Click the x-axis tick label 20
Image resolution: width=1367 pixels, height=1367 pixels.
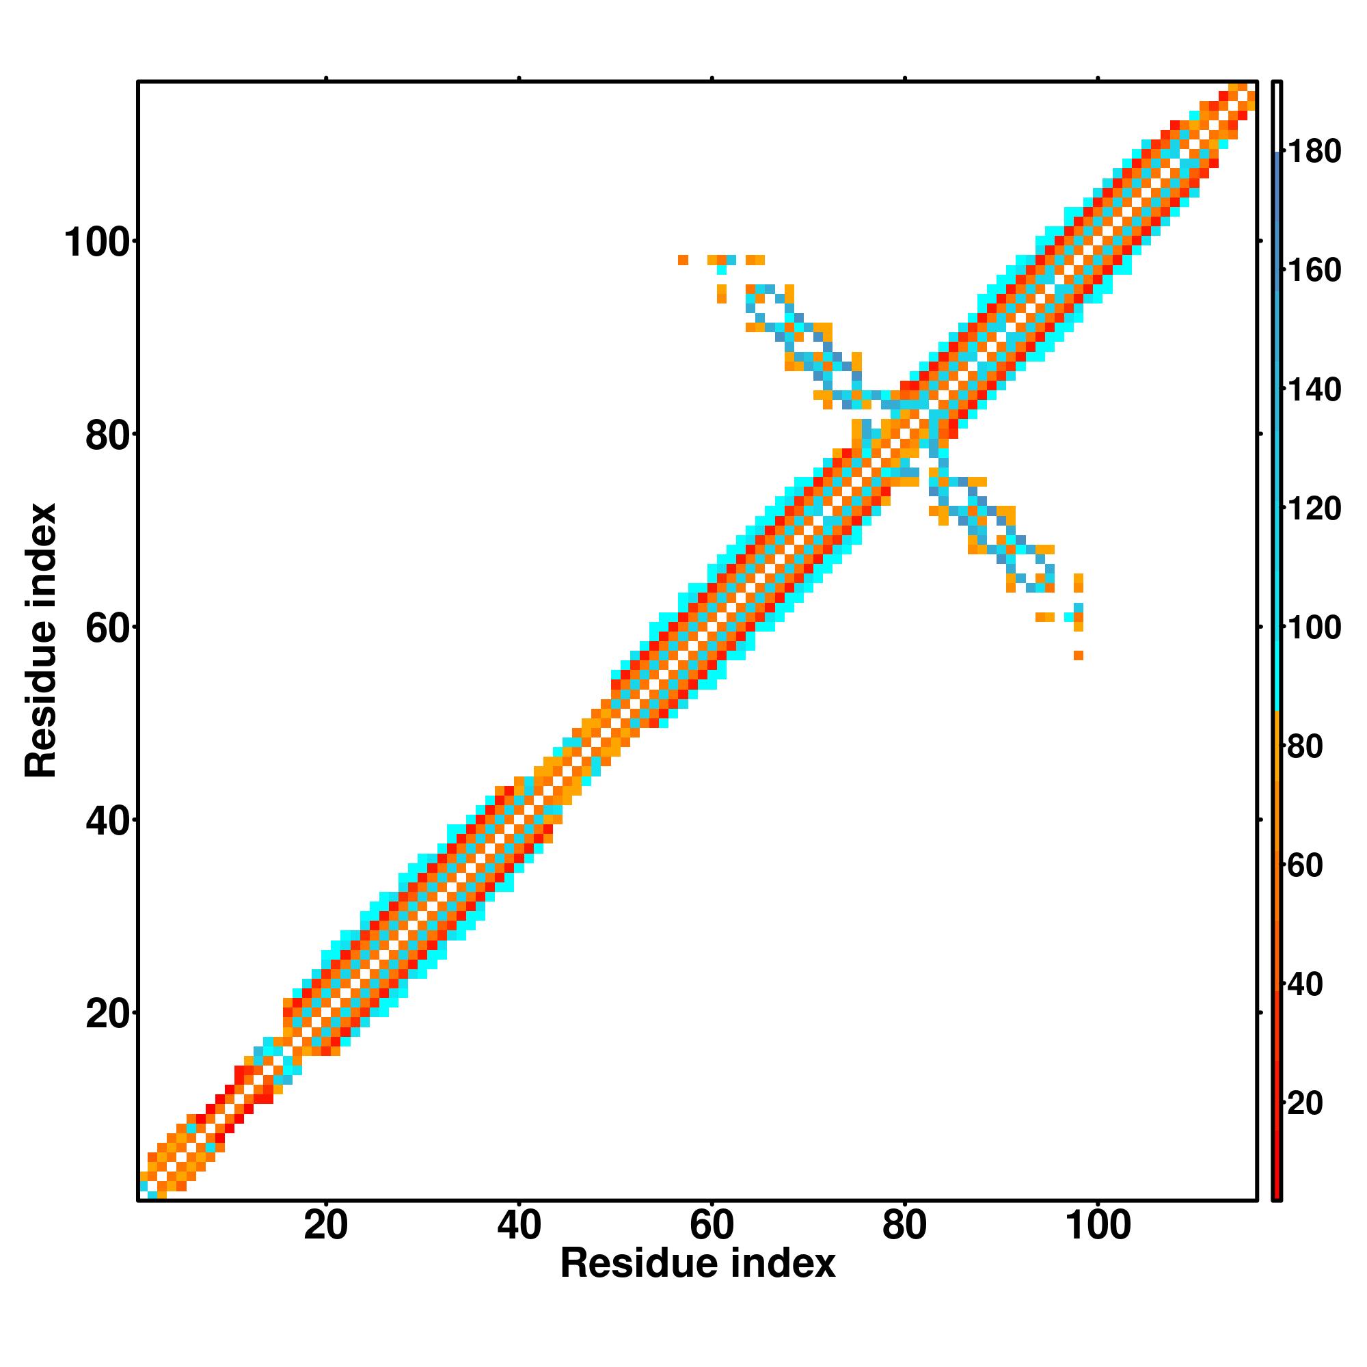click(325, 1226)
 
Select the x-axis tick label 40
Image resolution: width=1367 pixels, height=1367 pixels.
click(519, 1226)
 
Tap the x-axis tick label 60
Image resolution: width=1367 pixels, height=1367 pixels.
click(712, 1226)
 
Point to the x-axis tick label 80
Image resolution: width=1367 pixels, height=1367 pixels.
click(904, 1226)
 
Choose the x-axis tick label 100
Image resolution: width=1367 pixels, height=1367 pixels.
click(1098, 1226)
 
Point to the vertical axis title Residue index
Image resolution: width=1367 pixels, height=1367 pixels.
click(40, 640)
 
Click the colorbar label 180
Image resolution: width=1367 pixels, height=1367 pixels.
click(1314, 152)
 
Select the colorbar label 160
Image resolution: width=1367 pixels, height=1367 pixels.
click(1314, 270)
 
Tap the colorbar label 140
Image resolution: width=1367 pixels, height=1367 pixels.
click(1314, 389)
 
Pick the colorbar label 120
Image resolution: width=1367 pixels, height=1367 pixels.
click(1314, 509)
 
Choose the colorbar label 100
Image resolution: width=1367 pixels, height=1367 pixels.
click(1314, 627)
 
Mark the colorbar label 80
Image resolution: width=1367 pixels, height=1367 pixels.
click(1305, 746)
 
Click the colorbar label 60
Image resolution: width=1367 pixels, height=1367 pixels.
click(1305, 865)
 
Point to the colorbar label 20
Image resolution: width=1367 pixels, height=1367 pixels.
click(1305, 1103)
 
